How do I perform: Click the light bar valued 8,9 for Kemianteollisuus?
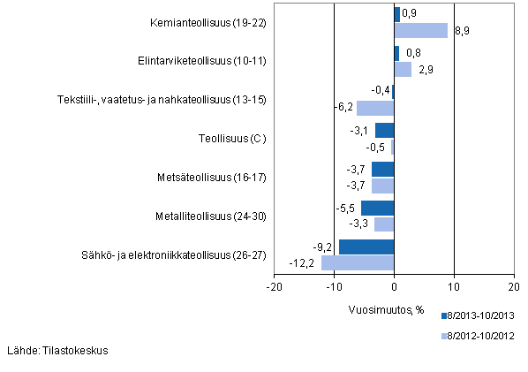click(x=421, y=30)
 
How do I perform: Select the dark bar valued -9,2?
click(x=366, y=247)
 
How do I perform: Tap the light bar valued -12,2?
click(x=358, y=262)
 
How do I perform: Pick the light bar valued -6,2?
click(x=375, y=108)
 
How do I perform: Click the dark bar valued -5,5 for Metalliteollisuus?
click(x=377, y=208)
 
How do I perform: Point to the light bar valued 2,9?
click(x=403, y=69)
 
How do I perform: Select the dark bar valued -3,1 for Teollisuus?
click(x=384, y=131)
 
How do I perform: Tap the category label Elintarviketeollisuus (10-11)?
click(x=209, y=61)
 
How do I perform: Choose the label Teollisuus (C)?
click(x=232, y=139)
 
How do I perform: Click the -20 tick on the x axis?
click(x=275, y=286)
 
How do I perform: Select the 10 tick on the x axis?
click(x=454, y=286)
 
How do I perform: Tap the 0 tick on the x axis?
click(x=394, y=286)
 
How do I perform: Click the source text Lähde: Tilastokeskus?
click(x=57, y=351)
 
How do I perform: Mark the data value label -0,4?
click(x=381, y=91)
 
